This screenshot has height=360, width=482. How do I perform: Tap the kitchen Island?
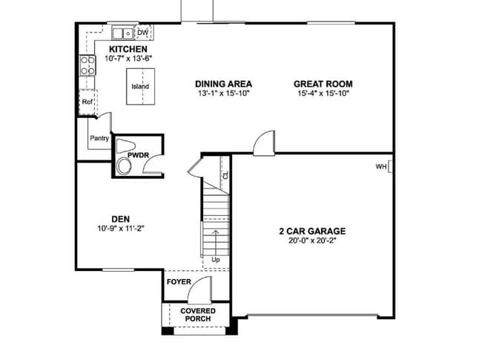[x=140, y=86]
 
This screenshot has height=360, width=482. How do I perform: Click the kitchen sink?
[x=122, y=33]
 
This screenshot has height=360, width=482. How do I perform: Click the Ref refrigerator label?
[x=88, y=102]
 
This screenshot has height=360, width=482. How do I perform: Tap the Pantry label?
[x=99, y=138]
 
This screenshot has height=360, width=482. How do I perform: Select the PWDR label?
[x=139, y=155]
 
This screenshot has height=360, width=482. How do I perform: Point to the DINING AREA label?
[x=223, y=84]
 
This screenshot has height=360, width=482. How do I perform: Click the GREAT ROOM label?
[x=323, y=84]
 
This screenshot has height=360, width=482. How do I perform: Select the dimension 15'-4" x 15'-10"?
[x=323, y=94]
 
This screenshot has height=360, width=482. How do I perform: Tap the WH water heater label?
[x=381, y=167]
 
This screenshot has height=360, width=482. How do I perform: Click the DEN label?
[x=120, y=218]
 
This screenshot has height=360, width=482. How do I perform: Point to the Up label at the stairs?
[x=216, y=260]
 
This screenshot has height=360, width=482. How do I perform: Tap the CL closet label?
[x=225, y=177]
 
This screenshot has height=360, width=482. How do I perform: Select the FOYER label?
[x=179, y=283]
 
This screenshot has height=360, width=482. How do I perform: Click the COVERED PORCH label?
[x=198, y=315]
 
